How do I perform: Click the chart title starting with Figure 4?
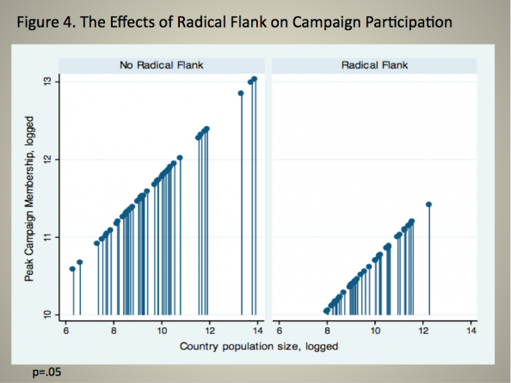coord(234,22)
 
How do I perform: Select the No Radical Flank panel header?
coord(162,65)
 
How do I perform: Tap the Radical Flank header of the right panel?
coord(374,65)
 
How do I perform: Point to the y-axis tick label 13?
coord(47,82)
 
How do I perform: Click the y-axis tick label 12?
coord(47,160)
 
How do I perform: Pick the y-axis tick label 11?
coord(47,237)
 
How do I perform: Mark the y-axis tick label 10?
coord(47,314)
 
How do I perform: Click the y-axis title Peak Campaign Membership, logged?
coord(29,198)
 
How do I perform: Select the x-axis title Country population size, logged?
coord(259,346)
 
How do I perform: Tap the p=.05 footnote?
coord(46,372)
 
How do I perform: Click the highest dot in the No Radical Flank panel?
coord(254,79)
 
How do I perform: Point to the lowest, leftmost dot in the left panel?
coord(72,269)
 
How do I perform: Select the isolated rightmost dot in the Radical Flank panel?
coord(429,204)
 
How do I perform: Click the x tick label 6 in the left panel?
coord(66,331)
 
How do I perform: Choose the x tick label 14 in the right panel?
coord(471,331)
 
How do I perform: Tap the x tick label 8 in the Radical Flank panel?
coord(327,331)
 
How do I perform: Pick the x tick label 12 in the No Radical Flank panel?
coord(210,331)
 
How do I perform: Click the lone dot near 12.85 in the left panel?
coord(241,94)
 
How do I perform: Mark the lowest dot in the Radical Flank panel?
coord(326,311)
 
